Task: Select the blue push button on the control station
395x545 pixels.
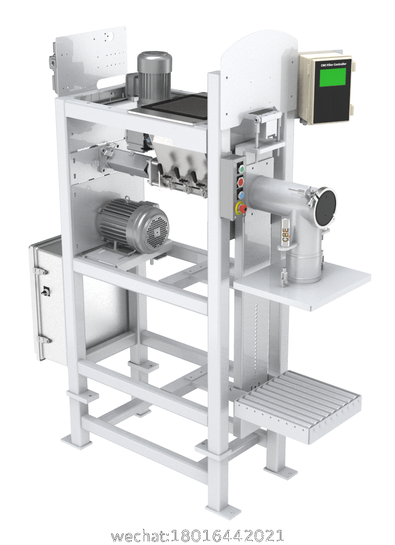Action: point(242,194)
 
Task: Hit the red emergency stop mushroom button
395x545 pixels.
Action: point(241,207)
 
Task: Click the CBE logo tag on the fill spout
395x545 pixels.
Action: point(285,233)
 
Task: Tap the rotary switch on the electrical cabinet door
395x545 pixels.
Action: point(46,290)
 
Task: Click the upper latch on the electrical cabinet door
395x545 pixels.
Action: point(41,271)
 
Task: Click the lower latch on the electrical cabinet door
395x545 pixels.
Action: point(43,340)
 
